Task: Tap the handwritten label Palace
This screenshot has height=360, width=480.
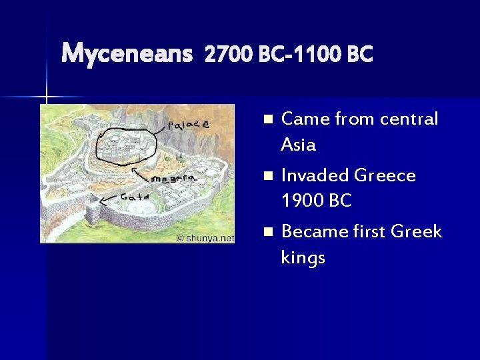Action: (x=189, y=125)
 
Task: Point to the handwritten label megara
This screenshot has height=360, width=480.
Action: (x=172, y=179)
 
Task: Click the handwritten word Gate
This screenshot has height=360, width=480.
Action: (x=134, y=197)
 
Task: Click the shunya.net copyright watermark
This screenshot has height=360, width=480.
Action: (x=205, y=237)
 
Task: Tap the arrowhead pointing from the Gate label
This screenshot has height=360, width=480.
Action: (x=101, y=203)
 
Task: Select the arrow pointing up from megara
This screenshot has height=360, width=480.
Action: (x=141, y=174)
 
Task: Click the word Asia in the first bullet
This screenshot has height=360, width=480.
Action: (x=298, y=145)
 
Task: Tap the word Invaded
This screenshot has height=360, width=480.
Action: (x=315, y=175)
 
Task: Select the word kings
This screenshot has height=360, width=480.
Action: (x=303, y=257)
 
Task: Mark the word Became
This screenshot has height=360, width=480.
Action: (x=315, y=231)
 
